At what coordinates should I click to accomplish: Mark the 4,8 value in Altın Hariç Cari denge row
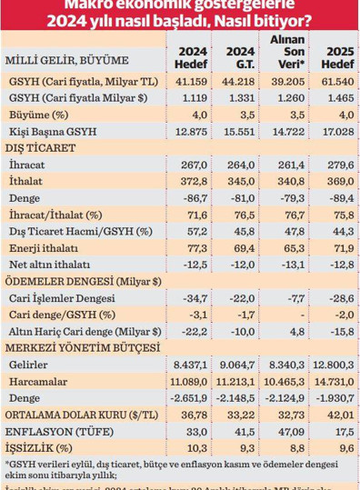(288, 333)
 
